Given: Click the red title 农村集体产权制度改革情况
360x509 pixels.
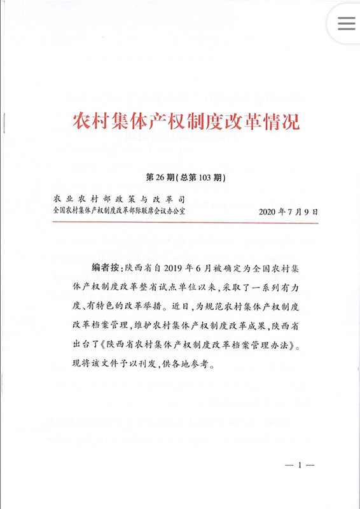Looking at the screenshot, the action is coord(179,120).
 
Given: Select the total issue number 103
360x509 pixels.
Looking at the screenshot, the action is coord(207,177).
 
